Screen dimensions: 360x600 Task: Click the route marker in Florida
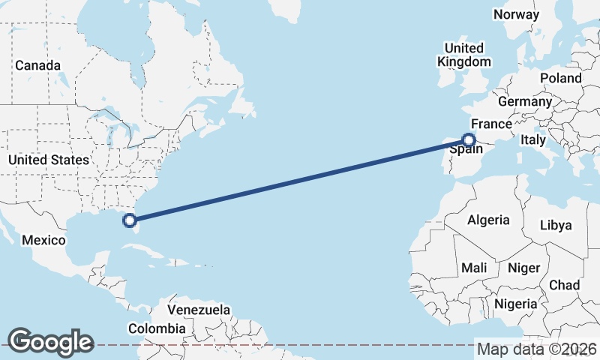[x=130, y=220]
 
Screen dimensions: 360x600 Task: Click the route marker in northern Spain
[x=469, y=139]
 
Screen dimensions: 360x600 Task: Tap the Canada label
[x=37, y=66]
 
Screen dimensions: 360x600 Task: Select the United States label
[x=49, y=160]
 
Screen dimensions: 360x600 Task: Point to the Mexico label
[x=43, y=240]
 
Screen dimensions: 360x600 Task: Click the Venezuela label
[x=199, y=310]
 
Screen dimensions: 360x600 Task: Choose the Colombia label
[x=156, y=328]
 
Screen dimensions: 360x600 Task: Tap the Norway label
[x=516, y=14]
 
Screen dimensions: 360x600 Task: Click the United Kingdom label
[x=464, y=55]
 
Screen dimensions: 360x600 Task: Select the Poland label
[x=560, y=78]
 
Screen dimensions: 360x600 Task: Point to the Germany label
[x=525, y=102]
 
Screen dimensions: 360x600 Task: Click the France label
[x=491, y=124]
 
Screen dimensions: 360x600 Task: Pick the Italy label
[x=533, y=140]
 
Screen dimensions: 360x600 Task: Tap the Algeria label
[x=488, y=220]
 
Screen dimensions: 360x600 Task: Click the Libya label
[x=556, y=225]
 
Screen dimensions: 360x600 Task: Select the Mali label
[x=474, y=268]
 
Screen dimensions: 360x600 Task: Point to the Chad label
[x=564, y=285]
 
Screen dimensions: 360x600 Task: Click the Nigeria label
[x=516, y=304]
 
